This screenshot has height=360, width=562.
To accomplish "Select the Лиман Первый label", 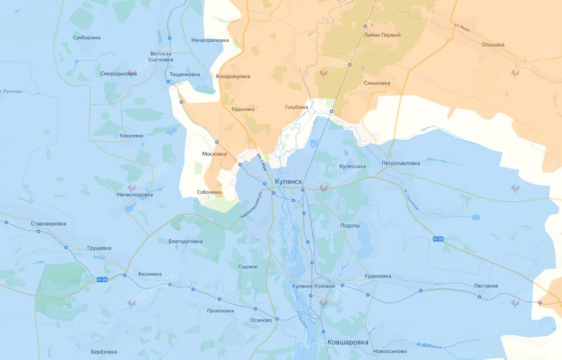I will [x=382, y=35].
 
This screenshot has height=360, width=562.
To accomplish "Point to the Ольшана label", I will [x=493, y=44].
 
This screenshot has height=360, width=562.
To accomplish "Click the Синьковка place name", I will [x=376, y=83].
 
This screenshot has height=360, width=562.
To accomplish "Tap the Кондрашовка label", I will [x=234, y=76].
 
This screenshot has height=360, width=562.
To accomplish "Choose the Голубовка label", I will [x=296, y=107].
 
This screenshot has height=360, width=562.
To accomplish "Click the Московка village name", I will [x=215, y=154].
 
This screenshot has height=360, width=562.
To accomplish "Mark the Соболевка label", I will [x=209, y=192].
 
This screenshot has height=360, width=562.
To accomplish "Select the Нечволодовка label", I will [x=135, y=194].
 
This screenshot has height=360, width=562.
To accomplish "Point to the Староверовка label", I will [x=48, y=224].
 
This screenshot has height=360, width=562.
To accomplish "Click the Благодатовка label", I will [x=186, y=242].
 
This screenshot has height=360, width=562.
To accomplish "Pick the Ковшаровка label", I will [x=347, y=343].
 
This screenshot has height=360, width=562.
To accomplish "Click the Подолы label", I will [x=350, y=226].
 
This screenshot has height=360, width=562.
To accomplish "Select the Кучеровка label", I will [x=352, y=166].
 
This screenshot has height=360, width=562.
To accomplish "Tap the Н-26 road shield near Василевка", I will [x=101, y=279].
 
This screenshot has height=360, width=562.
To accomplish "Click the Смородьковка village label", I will [x=118, y=73].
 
